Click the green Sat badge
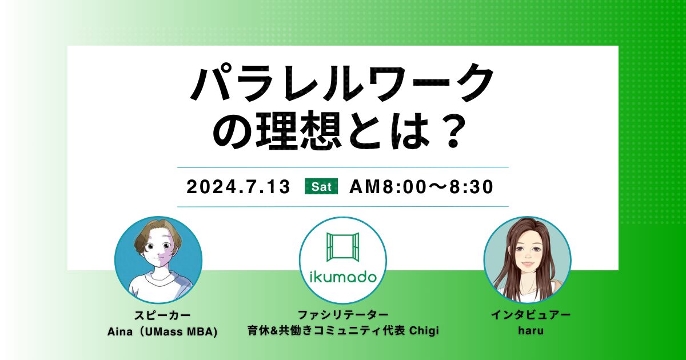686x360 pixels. click(x=321, y=187)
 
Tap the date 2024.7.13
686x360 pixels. click(x=238, y=187)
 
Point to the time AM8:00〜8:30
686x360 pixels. click(x=421, y=187)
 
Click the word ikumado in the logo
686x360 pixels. click(x=343, y=278)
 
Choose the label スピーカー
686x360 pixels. click(x=158, y=315)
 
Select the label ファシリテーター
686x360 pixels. click(x=343, y=315)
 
